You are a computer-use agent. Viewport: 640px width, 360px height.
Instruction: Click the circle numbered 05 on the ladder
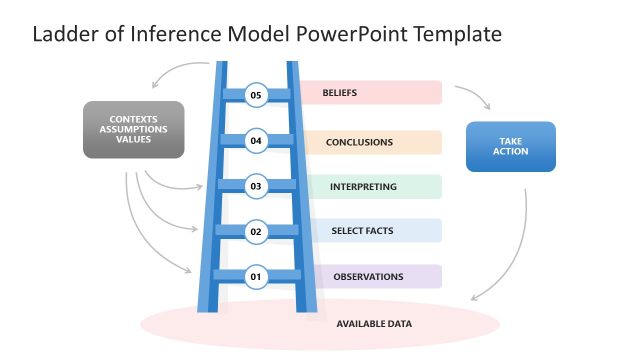tap(256, 95)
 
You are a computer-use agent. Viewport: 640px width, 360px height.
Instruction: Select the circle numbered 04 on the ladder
tap(256, 141)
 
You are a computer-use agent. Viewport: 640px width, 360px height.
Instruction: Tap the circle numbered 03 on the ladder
tap(256, 186)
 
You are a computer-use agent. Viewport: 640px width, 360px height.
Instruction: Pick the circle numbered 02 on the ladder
tap(256, 231)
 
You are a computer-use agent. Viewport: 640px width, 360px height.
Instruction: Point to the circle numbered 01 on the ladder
tap(256, 276)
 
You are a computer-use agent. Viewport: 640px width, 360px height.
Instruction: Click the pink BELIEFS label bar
tap(371, 93)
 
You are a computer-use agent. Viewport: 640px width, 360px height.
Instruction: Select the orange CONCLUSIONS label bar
tap(371, 142)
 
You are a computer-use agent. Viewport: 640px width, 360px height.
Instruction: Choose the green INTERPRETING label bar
tap(371, 186)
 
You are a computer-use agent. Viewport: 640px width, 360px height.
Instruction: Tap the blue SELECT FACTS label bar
tap(371, 231)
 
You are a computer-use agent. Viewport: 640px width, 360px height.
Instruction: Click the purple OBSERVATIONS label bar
tap(371, 276)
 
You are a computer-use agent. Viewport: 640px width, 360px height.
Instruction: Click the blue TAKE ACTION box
tap(511, 147)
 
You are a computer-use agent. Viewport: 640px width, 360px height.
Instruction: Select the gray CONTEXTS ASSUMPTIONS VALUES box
tap(133, 130)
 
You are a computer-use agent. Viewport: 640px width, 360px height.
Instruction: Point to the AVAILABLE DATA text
tap(374, 324)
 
